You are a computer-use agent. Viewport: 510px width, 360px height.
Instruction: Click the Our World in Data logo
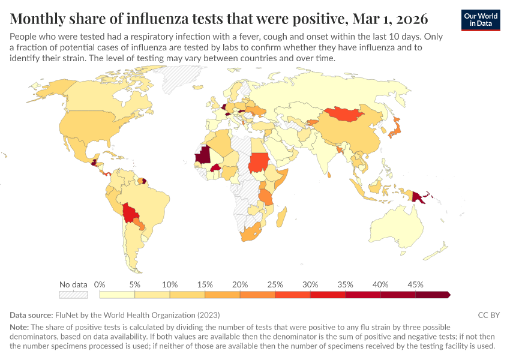point(480,20)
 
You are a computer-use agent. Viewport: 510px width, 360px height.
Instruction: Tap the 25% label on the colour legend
point(275,284)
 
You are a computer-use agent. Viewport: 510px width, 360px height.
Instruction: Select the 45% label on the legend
point(415,284)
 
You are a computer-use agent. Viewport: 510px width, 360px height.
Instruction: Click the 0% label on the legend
point(100,284)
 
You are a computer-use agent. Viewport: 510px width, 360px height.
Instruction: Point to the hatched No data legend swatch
point(73,295)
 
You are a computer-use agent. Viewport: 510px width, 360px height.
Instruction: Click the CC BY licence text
point(488,315)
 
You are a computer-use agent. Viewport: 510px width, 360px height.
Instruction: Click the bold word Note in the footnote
point(19,328)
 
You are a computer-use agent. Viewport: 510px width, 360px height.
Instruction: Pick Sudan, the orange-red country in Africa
point(259,162)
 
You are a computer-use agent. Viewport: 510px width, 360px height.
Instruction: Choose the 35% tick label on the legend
point(345,284)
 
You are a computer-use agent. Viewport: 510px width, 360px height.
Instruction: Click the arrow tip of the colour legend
point(449,295)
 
